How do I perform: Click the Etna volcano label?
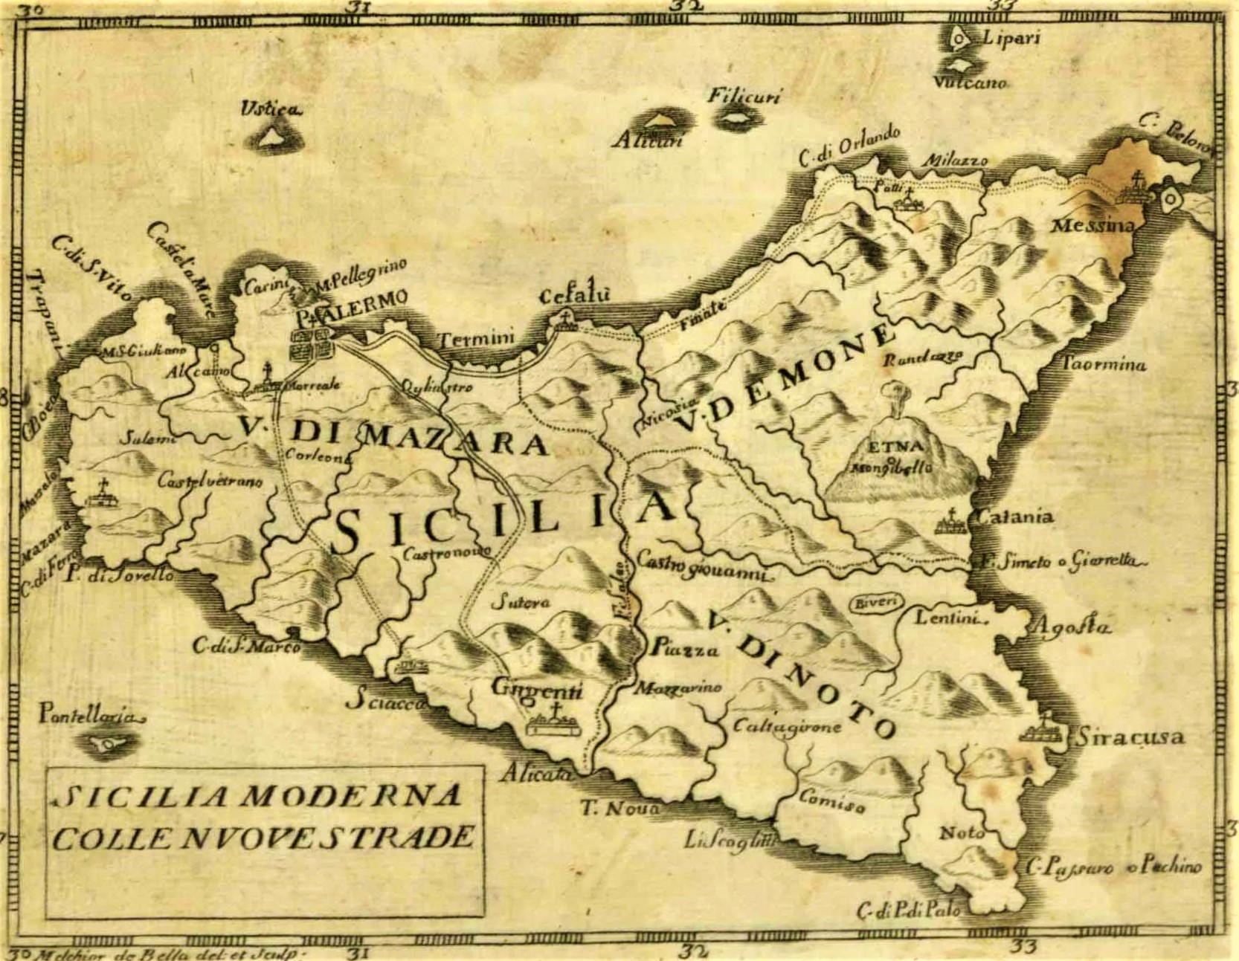(x=895, y=447)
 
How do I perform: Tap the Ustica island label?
(x=269, y=110)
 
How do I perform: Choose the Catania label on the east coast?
(x=1015, y=515)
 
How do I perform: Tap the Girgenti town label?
(x=538, y=689)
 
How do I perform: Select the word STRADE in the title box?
(x=401, y=838)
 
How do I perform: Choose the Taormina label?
(x=1104, y=364)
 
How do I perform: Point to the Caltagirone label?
(x=787, y=726)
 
